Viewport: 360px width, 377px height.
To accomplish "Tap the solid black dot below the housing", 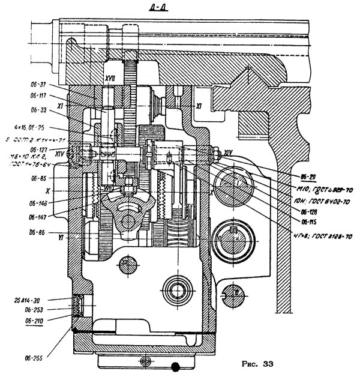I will coord(175,366).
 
